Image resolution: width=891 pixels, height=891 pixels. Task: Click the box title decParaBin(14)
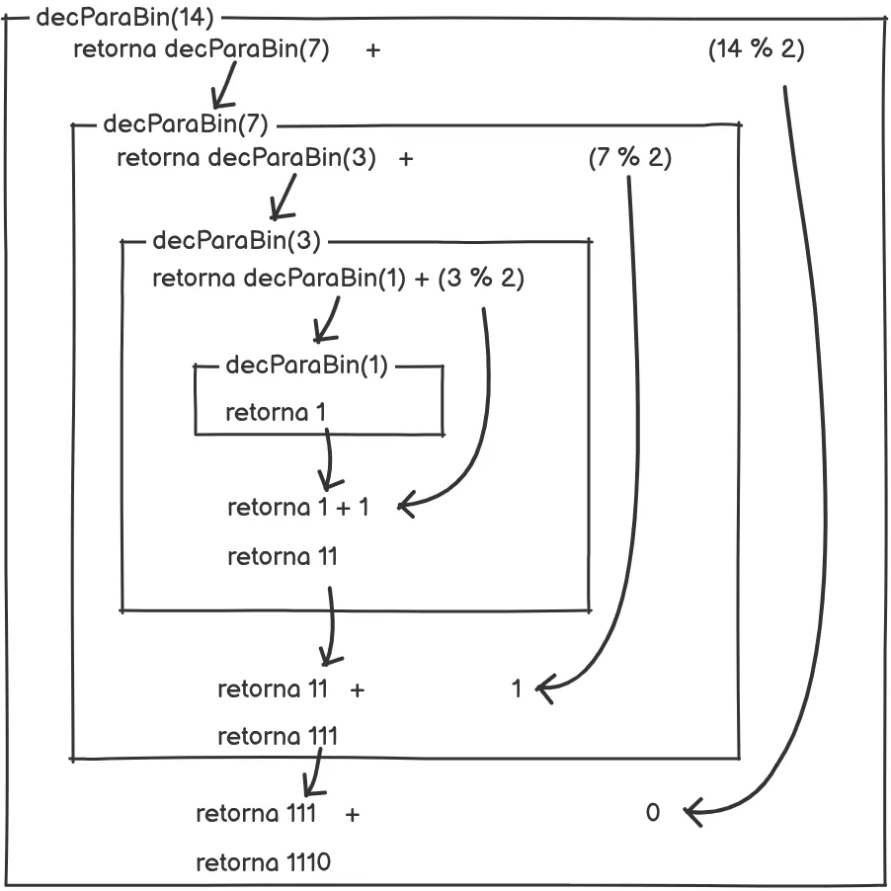click(124, 18)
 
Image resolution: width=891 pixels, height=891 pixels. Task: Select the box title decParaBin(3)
click(237, 240)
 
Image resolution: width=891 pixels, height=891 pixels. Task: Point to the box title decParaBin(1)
click(307, 365)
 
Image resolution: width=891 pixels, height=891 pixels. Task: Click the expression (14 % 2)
click(756, 49)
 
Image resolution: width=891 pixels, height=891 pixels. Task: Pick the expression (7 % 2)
click(629, 158)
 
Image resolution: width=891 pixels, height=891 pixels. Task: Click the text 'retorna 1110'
click(263, 862)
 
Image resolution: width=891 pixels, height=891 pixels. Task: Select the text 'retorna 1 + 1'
click(297, 508)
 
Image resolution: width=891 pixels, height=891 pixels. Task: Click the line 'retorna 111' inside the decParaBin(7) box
click(278, 736)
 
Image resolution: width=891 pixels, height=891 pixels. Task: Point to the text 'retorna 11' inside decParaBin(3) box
click(283, 557)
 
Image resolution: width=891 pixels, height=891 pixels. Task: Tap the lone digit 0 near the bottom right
click(652, 813)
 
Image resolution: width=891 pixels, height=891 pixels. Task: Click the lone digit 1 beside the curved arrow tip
click(517, 688)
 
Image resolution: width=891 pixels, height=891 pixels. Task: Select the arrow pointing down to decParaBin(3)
click(286, 196)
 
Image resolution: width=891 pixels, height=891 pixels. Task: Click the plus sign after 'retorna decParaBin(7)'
click(372, 50)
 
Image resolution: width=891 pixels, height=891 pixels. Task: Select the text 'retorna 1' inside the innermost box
click(276, 412)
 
